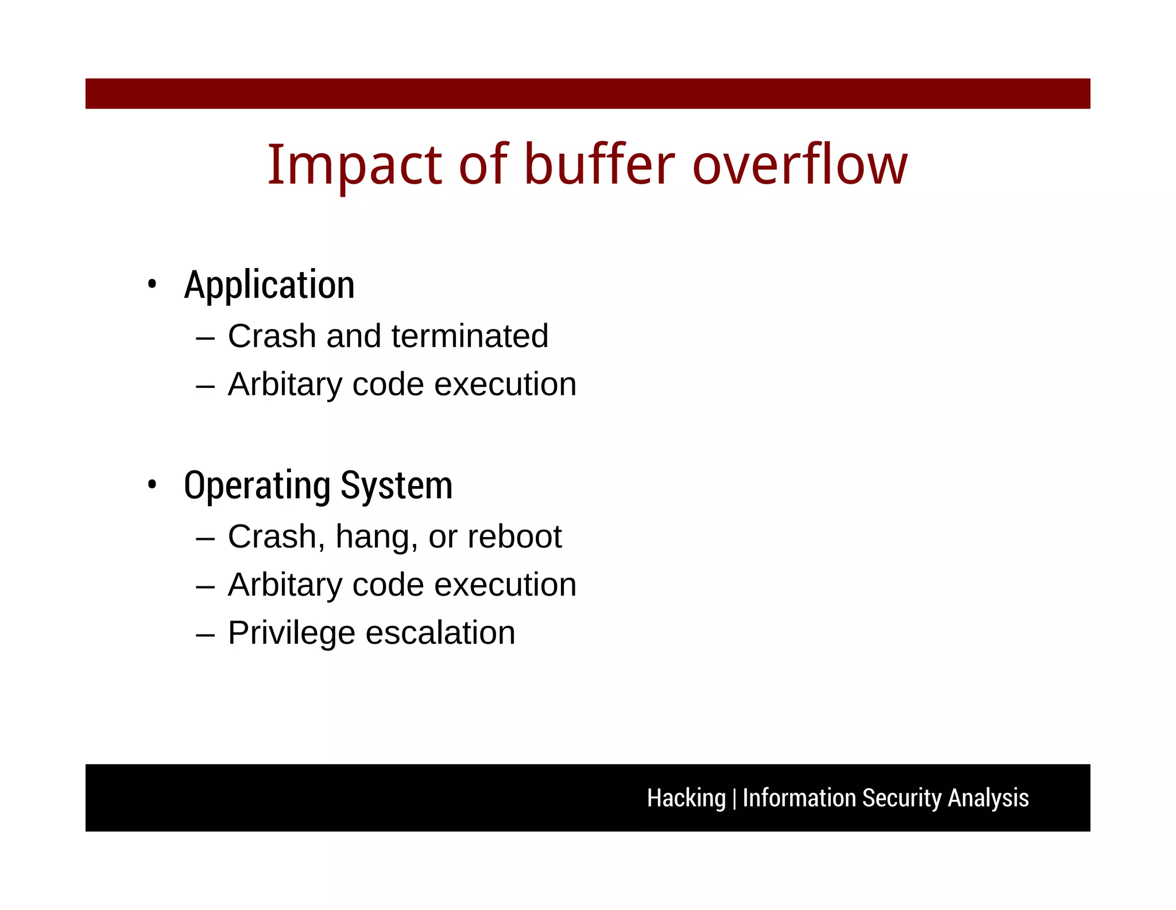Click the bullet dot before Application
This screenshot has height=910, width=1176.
point(152,284)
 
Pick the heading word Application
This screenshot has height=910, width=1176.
point(269,285)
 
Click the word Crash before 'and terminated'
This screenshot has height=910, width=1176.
point(272,336)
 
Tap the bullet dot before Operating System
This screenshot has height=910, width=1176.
point(152,485)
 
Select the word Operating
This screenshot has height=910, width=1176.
point(257,486)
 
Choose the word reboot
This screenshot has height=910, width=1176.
point(514,536)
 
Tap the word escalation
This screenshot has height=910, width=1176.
point(440,633)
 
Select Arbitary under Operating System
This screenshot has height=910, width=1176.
point(285,585)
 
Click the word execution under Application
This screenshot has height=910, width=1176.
point(505,384)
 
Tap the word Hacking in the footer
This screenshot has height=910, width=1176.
point(686,798)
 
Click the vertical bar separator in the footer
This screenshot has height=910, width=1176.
point(734,799)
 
